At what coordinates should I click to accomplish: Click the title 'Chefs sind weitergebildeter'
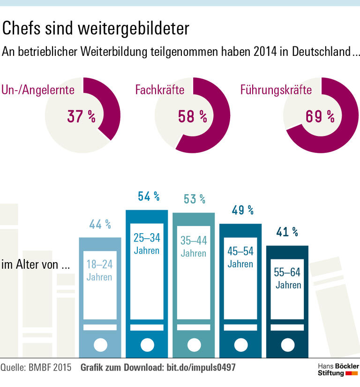point(96,29)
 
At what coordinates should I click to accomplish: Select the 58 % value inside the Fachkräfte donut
point(192,116)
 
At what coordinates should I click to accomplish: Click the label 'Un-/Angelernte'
point(38,90)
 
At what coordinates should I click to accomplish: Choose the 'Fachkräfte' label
point(160,90)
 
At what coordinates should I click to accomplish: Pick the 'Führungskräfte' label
point(276,90)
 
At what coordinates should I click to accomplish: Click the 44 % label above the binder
point(100,225)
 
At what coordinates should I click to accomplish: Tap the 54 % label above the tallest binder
point(147,197)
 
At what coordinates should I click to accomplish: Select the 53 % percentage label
point(194,199)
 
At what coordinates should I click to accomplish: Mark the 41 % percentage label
point(287,232)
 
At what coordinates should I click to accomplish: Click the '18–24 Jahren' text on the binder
point(99,270)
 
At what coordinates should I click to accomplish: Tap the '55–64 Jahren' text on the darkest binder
point(288,278)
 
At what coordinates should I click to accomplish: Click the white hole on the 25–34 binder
point(147,345)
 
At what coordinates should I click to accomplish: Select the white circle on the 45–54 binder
point(240,345)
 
